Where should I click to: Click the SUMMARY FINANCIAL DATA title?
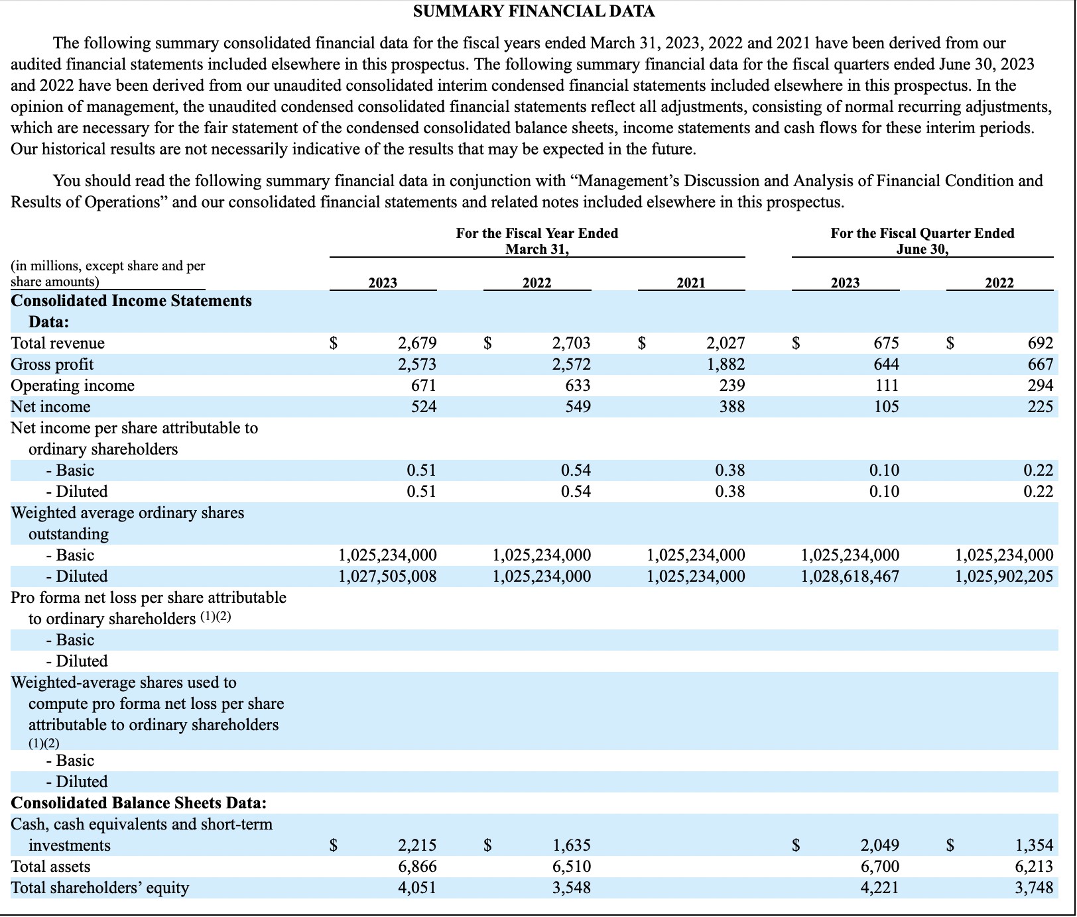[534, 11]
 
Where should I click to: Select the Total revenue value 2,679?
[417, 343]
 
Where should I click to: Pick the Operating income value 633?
[578, 386]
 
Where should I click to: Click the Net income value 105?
[886, 407]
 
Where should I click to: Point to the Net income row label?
[50, 407]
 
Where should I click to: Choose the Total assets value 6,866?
[417, 867]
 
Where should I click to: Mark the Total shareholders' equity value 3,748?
[1034, 888]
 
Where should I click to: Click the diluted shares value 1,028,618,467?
[850, 576]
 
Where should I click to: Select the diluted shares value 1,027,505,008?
[387, 576]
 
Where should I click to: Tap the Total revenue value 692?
[1041, 343]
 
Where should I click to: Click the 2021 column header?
[690, 283]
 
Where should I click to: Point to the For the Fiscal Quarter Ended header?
[922, 233]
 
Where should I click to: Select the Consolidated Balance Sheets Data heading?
[139, 803]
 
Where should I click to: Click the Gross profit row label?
[52, 364]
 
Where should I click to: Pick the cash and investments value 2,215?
[417, 845]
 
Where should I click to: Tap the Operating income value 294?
[1041, 386]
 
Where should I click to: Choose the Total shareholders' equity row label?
[99, 888]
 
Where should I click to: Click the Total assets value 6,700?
[880, 867]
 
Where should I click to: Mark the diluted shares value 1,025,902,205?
[1004, 576]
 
